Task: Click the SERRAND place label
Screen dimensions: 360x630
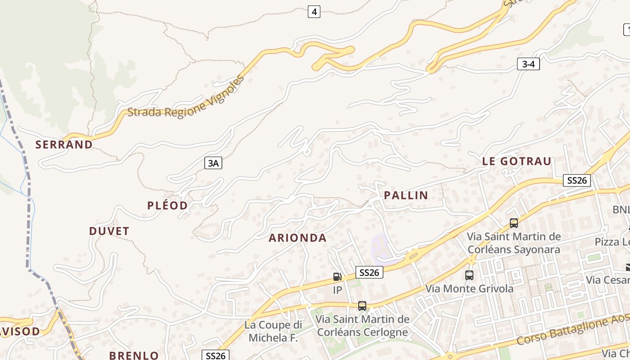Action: [x=64, y=144]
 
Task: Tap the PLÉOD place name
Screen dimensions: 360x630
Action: [x=167, y=206]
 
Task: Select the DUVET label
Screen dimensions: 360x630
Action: [x=109, y=231]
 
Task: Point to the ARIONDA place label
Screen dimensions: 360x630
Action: [x=297, y=238]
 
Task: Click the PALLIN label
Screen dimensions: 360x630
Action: [x=406, y=195]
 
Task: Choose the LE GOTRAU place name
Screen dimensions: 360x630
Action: [x=517, y=162]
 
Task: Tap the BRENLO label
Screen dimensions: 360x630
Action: [x=134, y=355]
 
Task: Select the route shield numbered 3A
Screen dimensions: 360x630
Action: [x=213, y=163]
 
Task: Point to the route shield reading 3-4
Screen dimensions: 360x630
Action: [x=528, y=64]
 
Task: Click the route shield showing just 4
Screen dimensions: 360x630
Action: [x=314, y=12]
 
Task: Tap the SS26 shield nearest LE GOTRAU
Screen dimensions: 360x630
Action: [x=577, y=180]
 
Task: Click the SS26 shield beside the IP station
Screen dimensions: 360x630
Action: [x=369, y=272]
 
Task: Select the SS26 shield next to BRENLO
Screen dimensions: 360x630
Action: [x=215, y=355]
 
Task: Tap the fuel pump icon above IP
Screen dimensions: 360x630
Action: [x=337, y=276]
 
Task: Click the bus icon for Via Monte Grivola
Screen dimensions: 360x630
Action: [x=469, y=275]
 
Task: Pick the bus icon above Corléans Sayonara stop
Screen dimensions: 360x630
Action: [x=514, y=223]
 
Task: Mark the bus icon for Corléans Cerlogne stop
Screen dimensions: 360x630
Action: [x=362, y=306]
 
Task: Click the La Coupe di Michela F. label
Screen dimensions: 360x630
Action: [x=273, y=331]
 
